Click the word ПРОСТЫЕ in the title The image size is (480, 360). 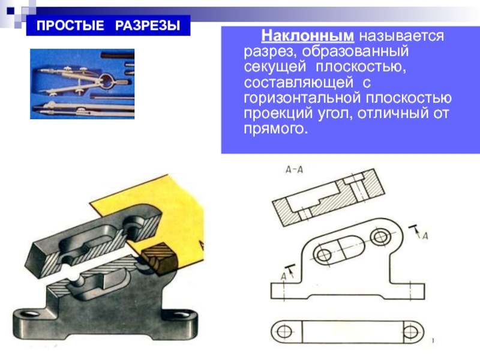70,25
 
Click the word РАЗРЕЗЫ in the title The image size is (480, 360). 148,25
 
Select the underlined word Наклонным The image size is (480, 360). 308,36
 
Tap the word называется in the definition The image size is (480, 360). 401,37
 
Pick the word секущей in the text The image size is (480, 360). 275,67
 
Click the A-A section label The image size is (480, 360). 294,169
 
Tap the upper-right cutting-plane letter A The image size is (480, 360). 425,236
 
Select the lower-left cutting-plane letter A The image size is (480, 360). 283,277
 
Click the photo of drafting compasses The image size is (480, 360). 82,84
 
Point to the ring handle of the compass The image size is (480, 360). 108,81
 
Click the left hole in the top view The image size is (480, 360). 284,332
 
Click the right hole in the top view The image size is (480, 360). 410,332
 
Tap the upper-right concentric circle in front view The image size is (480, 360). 380,236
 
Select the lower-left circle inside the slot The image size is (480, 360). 323,254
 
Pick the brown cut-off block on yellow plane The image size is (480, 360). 159,258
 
